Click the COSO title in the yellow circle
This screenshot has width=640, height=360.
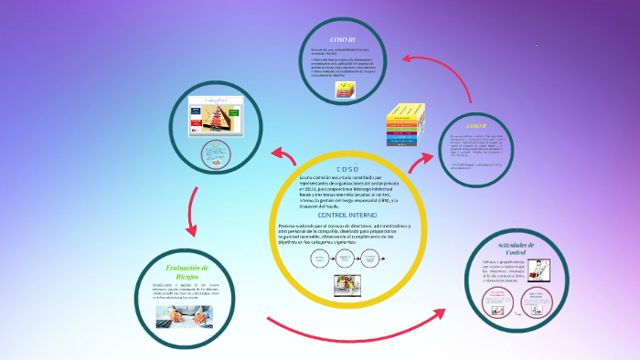click(x=348, y=169)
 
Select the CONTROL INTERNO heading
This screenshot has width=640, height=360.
click(x=348, y=214)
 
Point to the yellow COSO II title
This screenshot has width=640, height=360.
click(x=476, y=124)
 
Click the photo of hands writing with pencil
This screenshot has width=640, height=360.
click(x=184, y=315)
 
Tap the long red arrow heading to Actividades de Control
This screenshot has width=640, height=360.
click(x=366, y=329)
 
